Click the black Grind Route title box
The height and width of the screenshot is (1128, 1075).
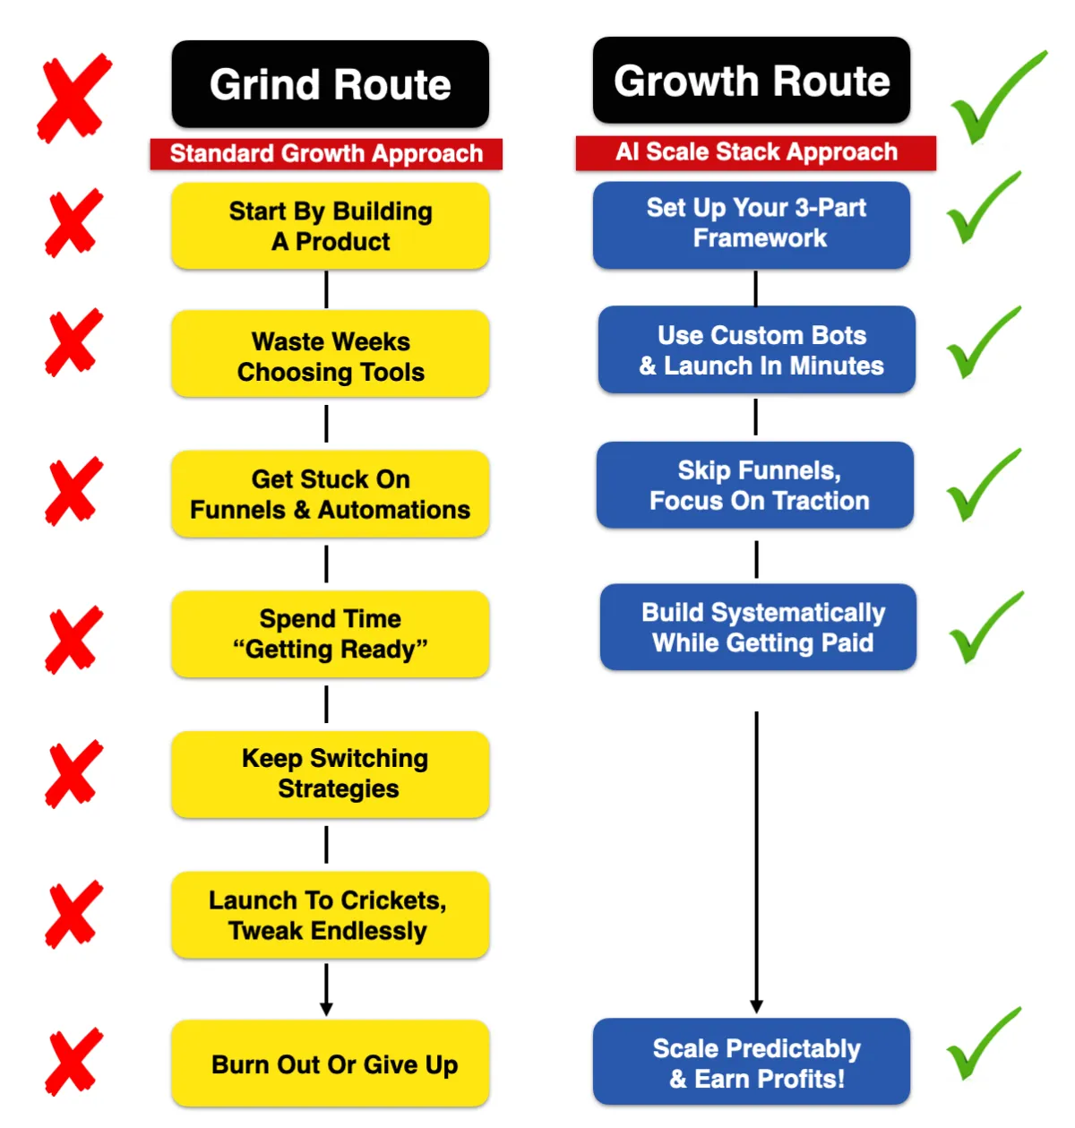click(330, 83)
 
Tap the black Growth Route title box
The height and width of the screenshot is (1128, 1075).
click(751, 80)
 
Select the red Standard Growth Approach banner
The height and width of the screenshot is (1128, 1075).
click(326, 154)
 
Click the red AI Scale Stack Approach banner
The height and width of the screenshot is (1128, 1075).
click(755, 152)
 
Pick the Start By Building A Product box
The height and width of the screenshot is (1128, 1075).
click(330, 226)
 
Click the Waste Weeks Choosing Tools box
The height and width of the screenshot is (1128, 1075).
click(330, 353)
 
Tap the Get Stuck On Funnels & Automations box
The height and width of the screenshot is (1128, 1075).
click(330, 494)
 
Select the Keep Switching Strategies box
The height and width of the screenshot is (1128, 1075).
click(330, 774)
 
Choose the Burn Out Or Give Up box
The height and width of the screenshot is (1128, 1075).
click(330, 1063)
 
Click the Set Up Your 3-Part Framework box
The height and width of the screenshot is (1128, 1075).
click(751, 225)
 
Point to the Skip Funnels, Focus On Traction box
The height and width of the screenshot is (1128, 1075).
click(755, 485)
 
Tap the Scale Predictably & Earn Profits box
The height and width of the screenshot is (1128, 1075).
click(751, 1062)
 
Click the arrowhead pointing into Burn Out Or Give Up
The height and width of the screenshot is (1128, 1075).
click(326, 1009)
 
